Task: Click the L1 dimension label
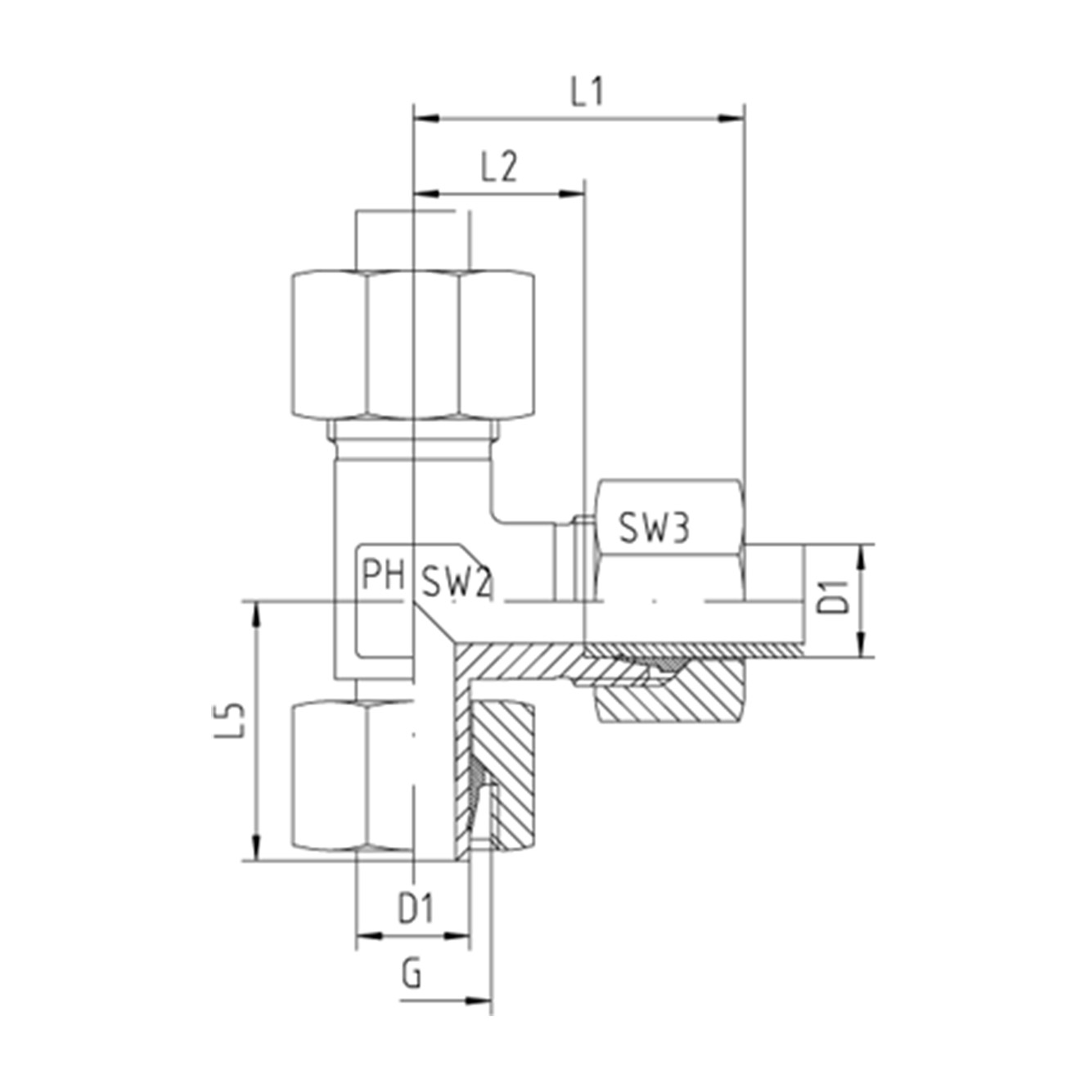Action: [587, 92]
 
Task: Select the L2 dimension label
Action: [499, 169]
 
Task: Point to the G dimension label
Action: [412, 974]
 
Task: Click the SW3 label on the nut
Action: [654, 529]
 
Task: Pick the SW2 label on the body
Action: [455, 583]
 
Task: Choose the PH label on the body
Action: [383, 575]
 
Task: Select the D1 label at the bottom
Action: [416, 908]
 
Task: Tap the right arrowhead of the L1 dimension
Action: [733, 119]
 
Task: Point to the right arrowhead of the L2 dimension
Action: [574, 195]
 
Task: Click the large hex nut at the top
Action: [413, 345]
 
